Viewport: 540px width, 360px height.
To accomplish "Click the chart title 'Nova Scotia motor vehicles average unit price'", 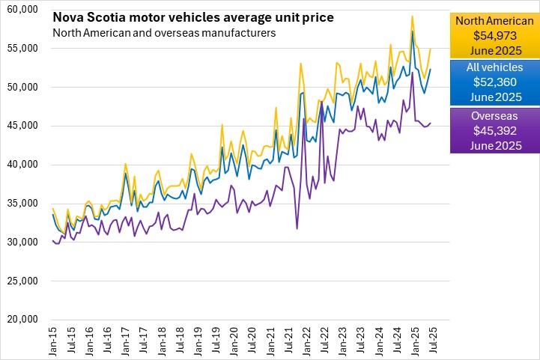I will click(x=193, y=17).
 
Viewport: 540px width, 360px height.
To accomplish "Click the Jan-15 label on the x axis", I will click(x=52, y=341).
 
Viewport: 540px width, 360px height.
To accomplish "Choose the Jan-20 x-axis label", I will click(x=233, y=341).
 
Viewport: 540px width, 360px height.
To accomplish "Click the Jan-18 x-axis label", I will click(x=161, y=341).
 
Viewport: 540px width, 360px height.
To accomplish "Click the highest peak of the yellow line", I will click(x=413, y=16).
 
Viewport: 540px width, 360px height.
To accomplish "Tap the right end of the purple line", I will click(x=431, y=123).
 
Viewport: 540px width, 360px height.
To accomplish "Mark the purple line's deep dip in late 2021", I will click(x=297, y=228).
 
